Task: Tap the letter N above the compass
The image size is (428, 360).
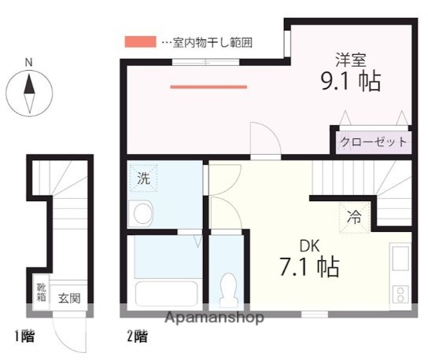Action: point(29,63)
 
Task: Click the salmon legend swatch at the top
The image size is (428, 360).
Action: point(140,41)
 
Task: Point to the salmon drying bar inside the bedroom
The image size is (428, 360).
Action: point(208,86)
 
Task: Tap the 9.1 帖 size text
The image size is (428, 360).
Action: point(351,81)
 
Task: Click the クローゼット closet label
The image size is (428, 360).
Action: point(374,142)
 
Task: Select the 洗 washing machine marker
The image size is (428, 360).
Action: point(143,178)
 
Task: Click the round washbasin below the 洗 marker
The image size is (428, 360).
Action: point(142,214)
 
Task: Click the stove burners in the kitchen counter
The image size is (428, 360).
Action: point(400,294)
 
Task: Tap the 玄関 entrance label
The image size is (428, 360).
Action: point(69,299)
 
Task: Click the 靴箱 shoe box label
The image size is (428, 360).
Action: point(41,292)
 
